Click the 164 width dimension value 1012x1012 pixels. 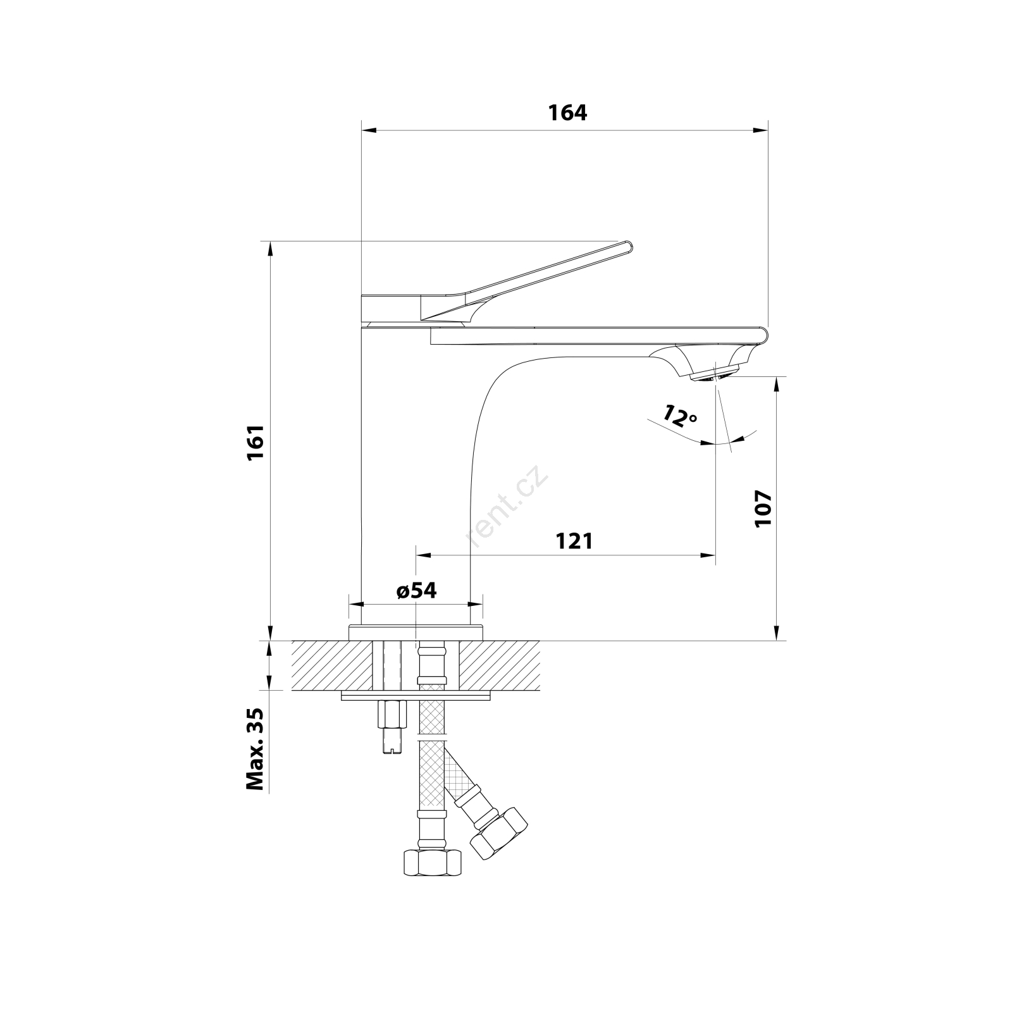567,113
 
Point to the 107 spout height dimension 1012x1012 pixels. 763,508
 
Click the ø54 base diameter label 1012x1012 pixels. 417,591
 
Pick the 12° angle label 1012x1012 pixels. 680,416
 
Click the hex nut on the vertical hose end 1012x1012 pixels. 433,862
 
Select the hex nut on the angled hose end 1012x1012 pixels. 499,833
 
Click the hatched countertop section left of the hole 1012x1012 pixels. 332,665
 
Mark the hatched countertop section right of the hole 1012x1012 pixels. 500,665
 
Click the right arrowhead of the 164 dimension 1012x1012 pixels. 760,131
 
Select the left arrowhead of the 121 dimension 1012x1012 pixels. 423,555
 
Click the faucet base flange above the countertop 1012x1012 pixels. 416,632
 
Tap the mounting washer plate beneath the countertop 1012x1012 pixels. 416,695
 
